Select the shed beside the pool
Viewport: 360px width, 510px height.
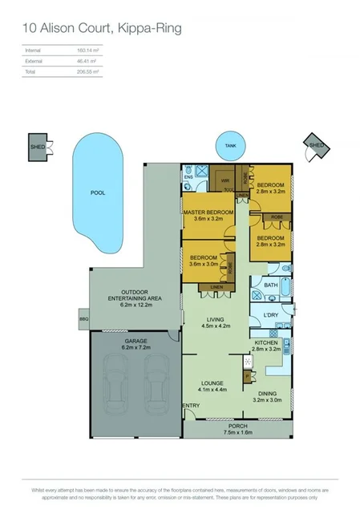point(38,147)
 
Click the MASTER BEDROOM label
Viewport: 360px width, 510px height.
point(208,212)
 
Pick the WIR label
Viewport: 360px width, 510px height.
point(226,181)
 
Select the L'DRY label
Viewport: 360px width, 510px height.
point(270,315)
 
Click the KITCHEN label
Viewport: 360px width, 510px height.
point(265,342)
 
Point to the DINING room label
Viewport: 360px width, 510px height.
point(266,394)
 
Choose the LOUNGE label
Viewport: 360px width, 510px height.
point(211,383)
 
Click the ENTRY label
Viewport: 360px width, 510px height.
point(192,406)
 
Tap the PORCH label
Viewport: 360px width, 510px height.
point(236,426)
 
